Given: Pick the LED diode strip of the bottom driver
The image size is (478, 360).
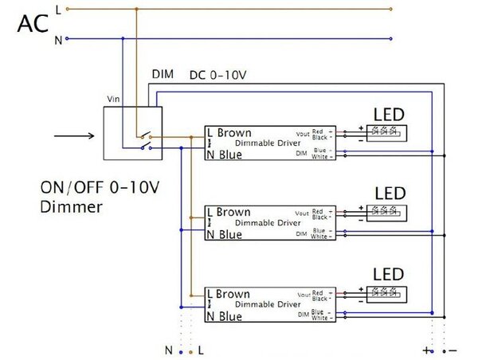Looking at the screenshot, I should coord(382,294).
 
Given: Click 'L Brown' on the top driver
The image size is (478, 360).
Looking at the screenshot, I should coord(229,132).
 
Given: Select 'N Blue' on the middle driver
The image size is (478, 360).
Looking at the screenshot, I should coord(224,235).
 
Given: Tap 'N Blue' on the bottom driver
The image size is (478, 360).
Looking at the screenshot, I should coord(224,316).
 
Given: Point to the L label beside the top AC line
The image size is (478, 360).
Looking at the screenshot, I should coord(58,9).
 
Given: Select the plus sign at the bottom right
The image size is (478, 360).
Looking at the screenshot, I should coord(427,350).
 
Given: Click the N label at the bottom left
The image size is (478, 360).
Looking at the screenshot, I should coord(168,350).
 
